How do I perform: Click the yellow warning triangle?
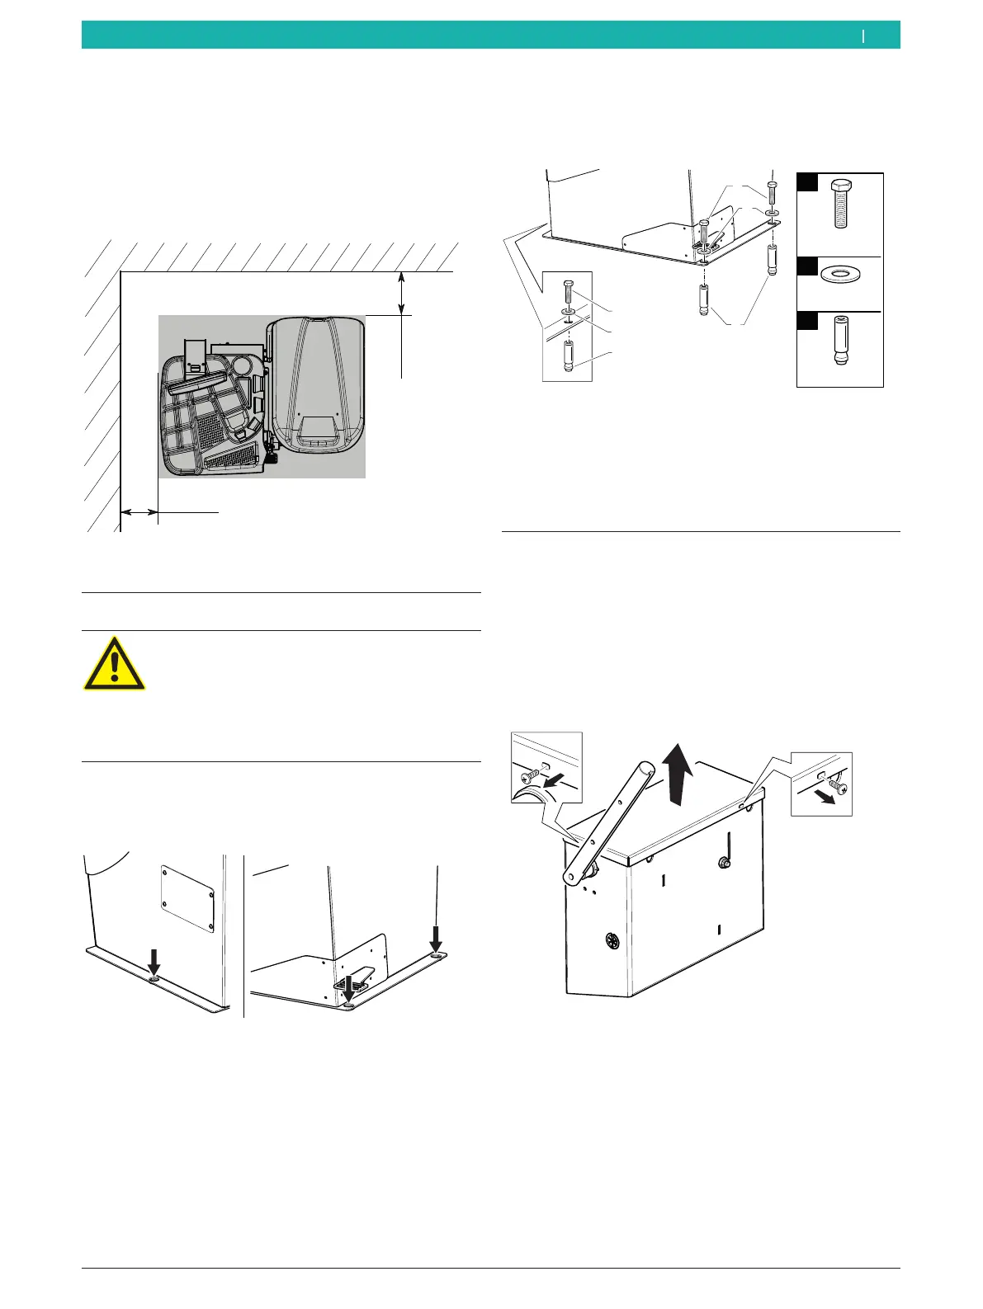tap(114, 664)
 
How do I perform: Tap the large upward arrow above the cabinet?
tap(678, 773)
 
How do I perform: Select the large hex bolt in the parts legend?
tap(839, 202)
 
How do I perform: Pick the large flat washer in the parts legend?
tap(839, 274)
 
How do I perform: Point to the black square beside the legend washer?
tap(807, 266)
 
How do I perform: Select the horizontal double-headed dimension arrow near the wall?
tap(139, 513)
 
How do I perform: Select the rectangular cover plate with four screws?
tap(187, 898)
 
